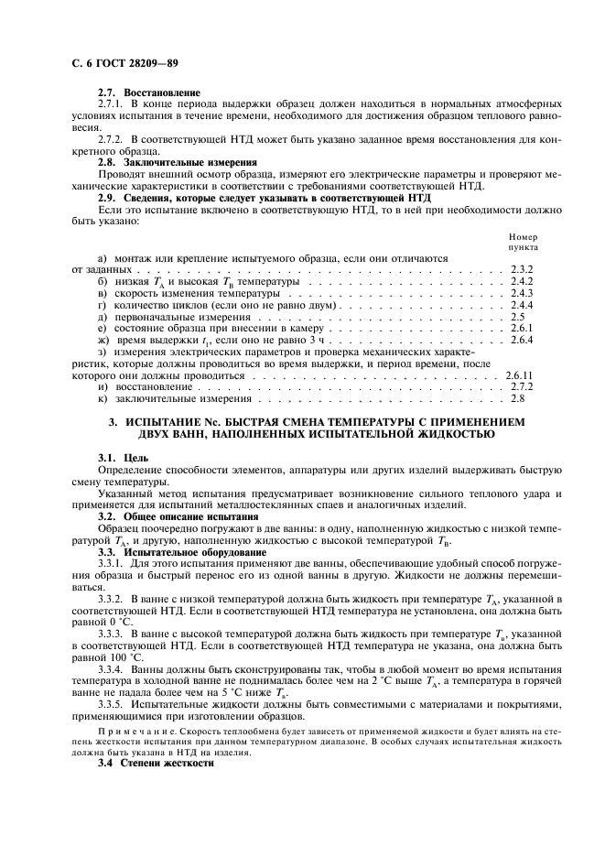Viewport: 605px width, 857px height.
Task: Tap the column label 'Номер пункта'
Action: tap(523, 242)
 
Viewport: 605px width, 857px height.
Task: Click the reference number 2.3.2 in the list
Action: tap(520, 272)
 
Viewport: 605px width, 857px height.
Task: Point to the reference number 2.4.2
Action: tap(520, 282)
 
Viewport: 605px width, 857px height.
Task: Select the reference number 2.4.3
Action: tap(520, 293)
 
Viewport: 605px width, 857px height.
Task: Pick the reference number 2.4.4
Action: tap(520, 305)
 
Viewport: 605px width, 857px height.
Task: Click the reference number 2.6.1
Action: tap(520, 328)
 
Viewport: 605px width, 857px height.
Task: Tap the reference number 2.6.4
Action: tap(520, 340)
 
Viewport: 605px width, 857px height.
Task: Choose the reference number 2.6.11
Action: tap(519, 375)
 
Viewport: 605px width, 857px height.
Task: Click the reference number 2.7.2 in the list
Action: tap(520, 387)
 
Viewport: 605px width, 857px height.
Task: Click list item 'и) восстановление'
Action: tap(141, 387)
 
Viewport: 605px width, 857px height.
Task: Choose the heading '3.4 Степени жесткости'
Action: tap(156, 763)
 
